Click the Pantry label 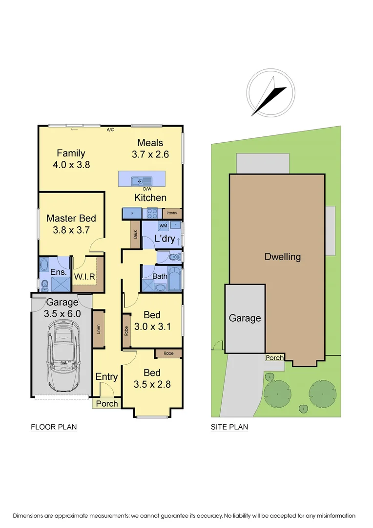(172, 214)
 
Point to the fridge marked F (132, 214)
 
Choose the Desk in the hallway (136, 234)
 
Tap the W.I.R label (84, 276)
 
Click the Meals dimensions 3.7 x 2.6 (150, 154)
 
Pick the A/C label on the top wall (110, 130)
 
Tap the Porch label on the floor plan (106, 404)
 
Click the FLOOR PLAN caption (54, 427)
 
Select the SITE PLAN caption (229, 427)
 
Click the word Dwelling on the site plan (282, 257)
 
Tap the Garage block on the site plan (245, 318)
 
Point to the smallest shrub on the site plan (304, 408)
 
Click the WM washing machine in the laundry (163, 226)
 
